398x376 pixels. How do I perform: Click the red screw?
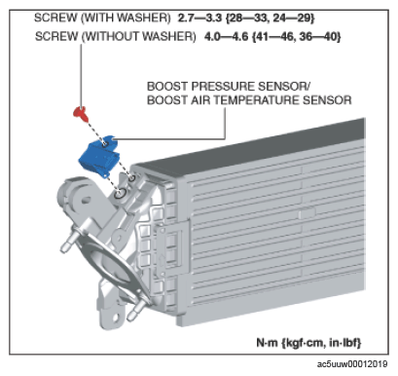(80, 113)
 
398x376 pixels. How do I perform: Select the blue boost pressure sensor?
(98, 157)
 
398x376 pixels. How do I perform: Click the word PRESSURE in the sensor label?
(223, 87)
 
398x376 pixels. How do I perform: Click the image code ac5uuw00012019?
(352, 364)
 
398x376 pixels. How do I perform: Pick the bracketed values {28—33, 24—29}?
(271, 18)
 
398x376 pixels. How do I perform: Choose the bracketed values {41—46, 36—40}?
(297, 36)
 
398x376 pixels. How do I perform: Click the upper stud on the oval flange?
(69, 242)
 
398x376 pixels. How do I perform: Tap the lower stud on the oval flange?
(136, 311)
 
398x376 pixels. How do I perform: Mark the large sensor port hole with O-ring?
(120, 194)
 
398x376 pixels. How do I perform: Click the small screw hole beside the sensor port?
(132, 177)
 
